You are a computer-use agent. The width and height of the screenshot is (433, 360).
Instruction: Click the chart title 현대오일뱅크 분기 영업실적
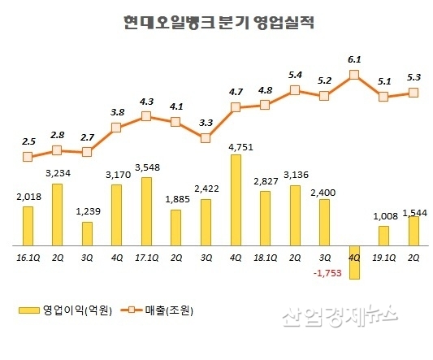(217, 22)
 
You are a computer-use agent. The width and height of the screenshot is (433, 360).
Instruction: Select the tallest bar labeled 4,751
(235, 199)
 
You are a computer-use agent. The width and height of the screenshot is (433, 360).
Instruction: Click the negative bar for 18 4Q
(354, 262)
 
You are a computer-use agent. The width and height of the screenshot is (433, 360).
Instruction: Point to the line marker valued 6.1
(354, 76)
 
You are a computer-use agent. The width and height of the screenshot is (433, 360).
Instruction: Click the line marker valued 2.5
(28, 156)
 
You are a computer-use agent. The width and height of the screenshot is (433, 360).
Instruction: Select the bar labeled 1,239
(87, 233)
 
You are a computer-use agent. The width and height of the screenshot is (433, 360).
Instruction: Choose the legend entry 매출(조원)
(162, 310)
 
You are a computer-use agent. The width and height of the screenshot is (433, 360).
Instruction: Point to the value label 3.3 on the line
(206, 123)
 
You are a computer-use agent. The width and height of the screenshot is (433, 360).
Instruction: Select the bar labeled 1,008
(383, 235)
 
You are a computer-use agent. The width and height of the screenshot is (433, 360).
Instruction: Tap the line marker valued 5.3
(414, 93)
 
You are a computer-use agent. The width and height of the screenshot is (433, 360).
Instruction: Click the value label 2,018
(28, 196)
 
